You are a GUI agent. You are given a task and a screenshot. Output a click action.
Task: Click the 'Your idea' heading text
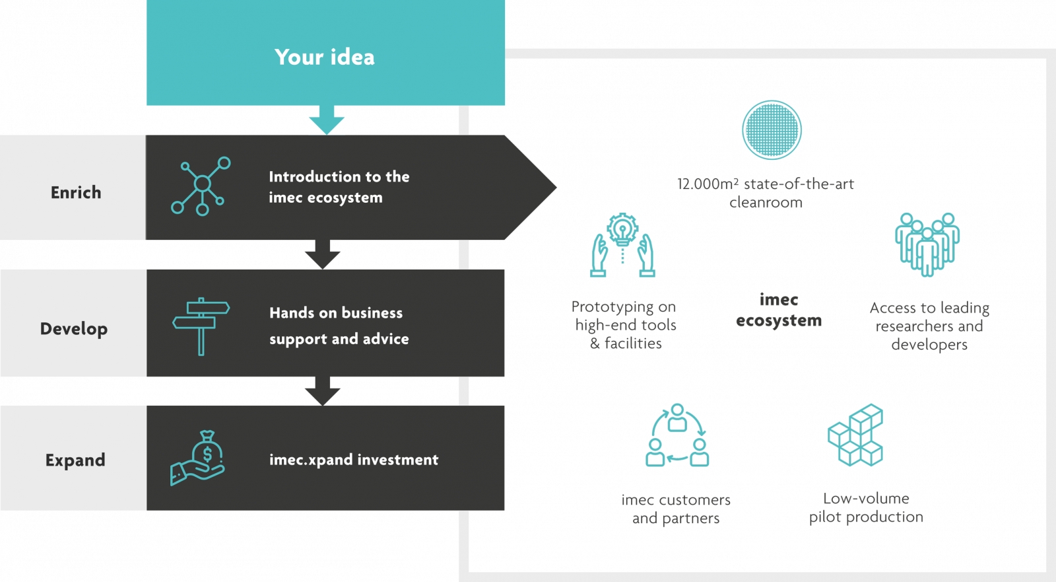click(x=324, y=57)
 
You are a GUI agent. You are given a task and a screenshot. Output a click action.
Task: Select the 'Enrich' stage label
click(x=76, y=192)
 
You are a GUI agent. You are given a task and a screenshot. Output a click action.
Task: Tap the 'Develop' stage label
click(x=74, y=328)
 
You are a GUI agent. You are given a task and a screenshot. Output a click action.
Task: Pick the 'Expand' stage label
click(x=75, y=460)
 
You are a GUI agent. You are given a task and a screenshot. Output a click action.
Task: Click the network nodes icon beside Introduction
click(x=201, y=186)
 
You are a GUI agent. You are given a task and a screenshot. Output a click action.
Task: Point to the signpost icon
click(x=201, y=326)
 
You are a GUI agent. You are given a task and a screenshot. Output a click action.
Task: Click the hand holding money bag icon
click(x=197, y=458)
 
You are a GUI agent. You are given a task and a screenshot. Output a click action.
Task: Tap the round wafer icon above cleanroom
click(x=772, y=129)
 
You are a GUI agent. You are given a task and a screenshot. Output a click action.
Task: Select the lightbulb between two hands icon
click(x=622, y=245)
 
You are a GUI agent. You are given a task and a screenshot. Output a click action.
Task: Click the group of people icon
click(x=927, y=244)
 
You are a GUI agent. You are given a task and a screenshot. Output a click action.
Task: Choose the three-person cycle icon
click(x=677, y=435)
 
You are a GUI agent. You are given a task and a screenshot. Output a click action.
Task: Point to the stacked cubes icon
click(x=855, y=435)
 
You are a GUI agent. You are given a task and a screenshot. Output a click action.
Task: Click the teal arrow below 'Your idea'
click(x=326, y=120)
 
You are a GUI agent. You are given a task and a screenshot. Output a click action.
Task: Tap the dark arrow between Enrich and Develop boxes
click(x=323, y=254)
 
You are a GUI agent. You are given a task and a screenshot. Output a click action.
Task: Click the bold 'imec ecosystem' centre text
click(x=779, y=310)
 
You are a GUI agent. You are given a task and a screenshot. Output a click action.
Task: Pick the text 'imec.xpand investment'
click(x=354, y=459)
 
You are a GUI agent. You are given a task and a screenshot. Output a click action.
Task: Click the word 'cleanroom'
click(x=766, y=203)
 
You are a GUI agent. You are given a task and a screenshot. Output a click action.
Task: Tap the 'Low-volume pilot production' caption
click(x=866, y=507)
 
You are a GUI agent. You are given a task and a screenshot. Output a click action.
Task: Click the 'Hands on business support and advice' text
click(x=339, y=326)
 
